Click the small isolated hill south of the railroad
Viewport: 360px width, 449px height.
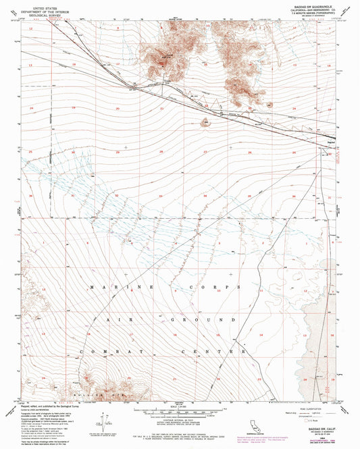click(204, 122)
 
